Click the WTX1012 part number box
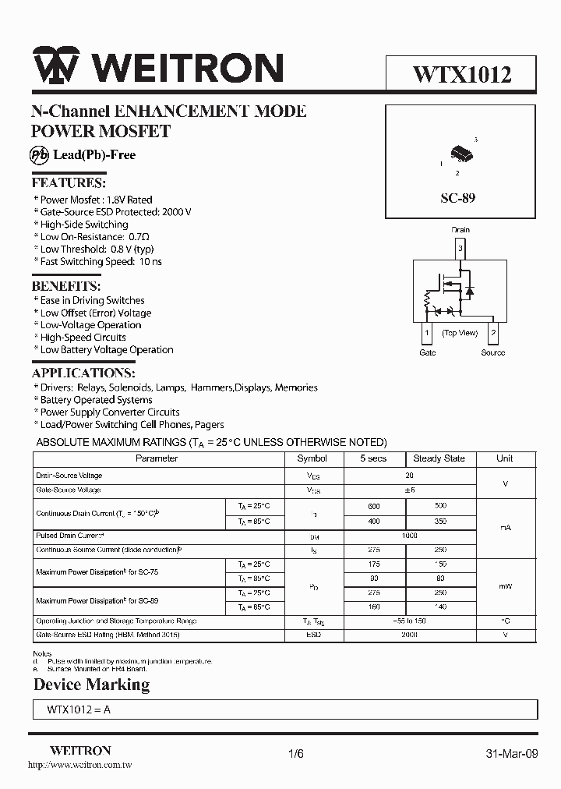461,75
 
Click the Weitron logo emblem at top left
55,68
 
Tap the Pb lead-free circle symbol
40,154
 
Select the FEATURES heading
69,183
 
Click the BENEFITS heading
66,285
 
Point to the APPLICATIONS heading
83,373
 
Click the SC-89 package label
457,198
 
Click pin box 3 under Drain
460,249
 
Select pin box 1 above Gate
427,334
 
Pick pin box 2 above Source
493,334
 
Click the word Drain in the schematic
460,230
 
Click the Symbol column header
312,458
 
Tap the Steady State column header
439,458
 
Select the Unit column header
505,458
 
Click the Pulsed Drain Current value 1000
409,536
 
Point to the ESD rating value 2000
409,635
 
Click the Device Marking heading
91,685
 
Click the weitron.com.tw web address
79,766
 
